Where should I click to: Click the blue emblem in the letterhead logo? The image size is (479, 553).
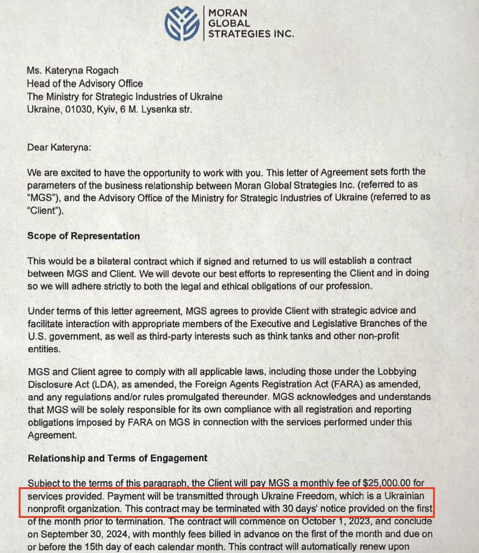coord(182,23)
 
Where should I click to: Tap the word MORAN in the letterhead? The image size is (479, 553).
coord(228,13)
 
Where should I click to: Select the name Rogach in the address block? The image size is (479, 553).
coord(102,70)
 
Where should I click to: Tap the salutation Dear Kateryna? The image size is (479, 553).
coord(59,147)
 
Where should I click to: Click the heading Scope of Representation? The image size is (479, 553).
coord(83,236)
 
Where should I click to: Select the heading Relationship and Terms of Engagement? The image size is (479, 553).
coord(117,458)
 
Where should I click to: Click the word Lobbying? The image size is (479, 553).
coord(397,371)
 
